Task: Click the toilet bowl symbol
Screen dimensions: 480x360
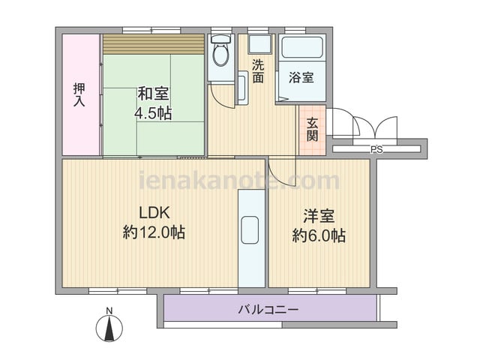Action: click(221, 50)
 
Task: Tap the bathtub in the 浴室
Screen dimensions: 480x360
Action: click(302, 47)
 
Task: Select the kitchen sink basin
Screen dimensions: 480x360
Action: click(250, 230)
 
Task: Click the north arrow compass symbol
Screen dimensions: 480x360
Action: click(109, 328)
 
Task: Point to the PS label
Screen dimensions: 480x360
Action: click(377, 150)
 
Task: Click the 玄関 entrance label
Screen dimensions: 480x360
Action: click(312, 130)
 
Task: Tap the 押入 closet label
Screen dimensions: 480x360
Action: click(79, 94)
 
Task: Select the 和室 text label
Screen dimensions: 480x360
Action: click(153, 93)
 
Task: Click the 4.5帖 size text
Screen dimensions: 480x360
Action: click(153, 113)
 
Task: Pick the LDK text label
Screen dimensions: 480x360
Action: click(154, 213)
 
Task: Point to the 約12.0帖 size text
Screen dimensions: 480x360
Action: click(154, 232)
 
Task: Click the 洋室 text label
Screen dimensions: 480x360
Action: click(319, 216)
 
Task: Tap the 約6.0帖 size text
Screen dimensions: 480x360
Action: click(319, 236)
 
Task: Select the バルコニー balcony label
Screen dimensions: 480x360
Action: click(268, 310)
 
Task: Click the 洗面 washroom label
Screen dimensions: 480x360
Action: click(258, 71)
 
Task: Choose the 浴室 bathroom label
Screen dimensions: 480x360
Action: click(301, 77)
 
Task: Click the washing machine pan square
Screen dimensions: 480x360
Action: click(260, 45)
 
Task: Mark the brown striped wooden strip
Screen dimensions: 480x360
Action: click(154, 44)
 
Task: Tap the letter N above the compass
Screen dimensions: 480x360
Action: click(109, 310)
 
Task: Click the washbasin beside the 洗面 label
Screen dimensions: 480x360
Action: click(243, 88)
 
